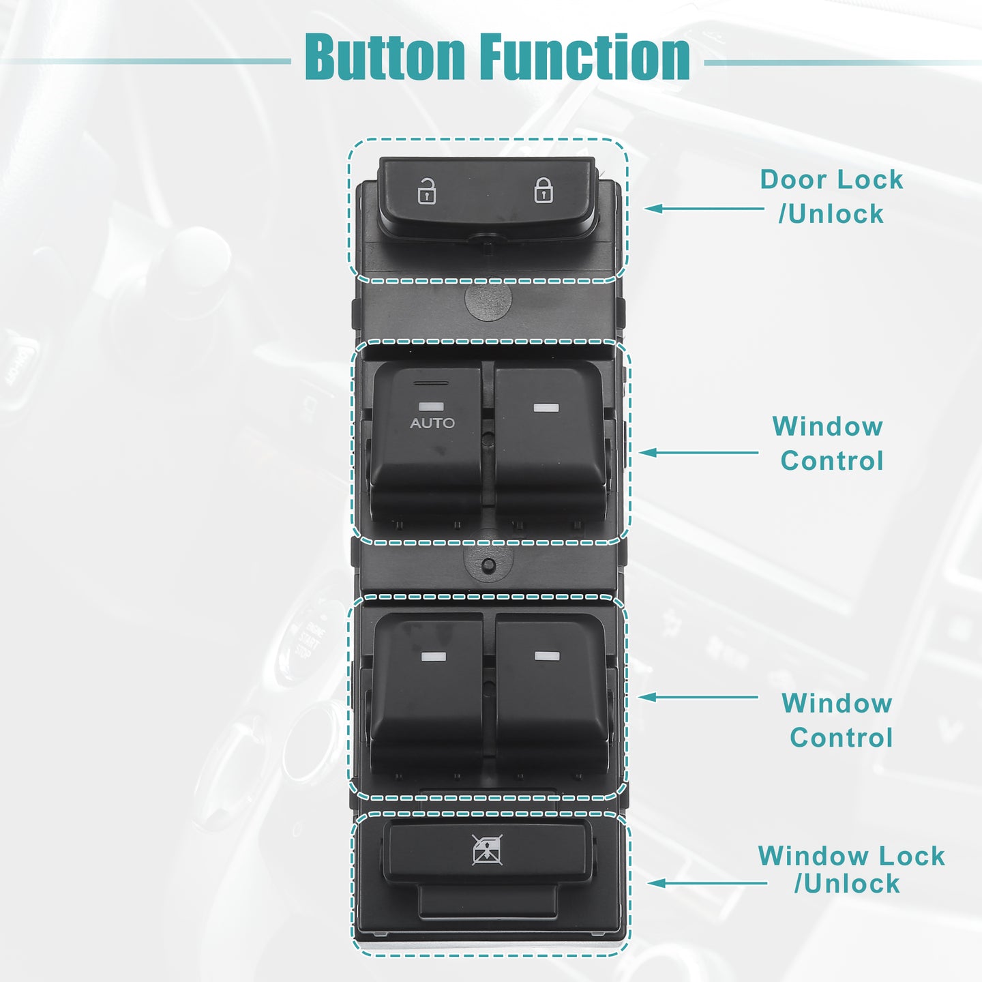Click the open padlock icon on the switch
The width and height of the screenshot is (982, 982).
pos(426,191)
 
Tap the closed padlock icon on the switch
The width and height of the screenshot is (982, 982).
pos(544,190)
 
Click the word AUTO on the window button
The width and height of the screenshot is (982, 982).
pos(432,423)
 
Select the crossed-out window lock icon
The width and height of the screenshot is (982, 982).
pos(487,850)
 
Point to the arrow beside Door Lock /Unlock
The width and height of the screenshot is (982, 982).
pos(704,209)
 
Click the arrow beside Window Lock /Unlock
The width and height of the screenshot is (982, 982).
pos(707,883)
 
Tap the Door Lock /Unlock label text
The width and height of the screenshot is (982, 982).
pos(832,196)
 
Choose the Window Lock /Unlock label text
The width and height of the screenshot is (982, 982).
pos(851,869)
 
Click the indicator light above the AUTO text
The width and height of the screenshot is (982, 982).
pos(431,406)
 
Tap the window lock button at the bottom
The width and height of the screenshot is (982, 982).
pos(487,852)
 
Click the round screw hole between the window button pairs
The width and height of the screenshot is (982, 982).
pos(488,564)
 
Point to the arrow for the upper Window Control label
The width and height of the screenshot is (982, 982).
pos(699,453)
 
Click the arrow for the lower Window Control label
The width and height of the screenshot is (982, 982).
pos(698,697)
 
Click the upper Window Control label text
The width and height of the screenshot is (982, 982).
pos(829,443)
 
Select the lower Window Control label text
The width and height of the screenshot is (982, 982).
pos(838,720)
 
